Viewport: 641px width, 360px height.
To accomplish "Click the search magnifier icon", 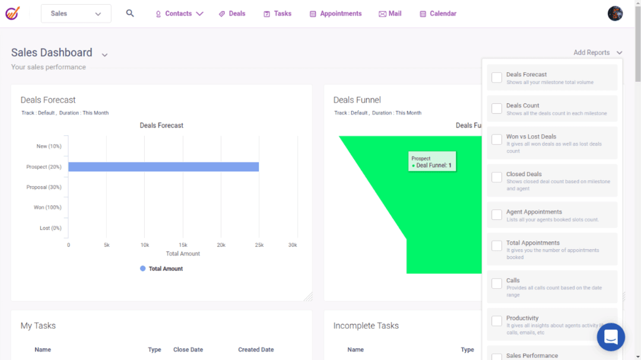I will coord(130,13).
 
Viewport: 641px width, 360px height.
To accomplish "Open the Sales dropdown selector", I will coord(76,14).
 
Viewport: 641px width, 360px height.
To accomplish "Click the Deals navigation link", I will coord(231,14).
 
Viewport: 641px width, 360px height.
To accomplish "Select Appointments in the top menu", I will coord(335,14).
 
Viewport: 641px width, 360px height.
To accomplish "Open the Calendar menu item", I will coord(438,14).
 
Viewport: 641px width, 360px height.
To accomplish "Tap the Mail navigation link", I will coord(390,14).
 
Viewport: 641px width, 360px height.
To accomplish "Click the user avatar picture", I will coord(615,14).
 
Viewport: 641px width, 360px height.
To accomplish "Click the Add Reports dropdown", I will coord(598,53).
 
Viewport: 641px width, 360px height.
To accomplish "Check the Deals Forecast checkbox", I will coord(497,78).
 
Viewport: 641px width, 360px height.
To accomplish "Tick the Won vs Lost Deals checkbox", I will coord(497,140).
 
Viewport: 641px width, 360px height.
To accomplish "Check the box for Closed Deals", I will coord(497,177).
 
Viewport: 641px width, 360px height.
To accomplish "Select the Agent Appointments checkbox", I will coord(497,215).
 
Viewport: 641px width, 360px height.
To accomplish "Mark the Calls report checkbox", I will coord(497,283).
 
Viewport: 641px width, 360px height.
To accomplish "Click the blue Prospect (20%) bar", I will coord(163,167).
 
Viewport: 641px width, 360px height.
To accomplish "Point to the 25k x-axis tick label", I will coord(259,245).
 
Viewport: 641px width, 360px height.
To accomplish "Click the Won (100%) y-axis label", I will coord(47,208).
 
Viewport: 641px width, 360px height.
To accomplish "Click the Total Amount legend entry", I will coord(161,269).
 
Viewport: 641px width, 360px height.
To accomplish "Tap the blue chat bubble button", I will coord(611,337).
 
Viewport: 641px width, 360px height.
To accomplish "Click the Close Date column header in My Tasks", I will coord(188,350).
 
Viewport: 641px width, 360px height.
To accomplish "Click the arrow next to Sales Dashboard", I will coord(104,55).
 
